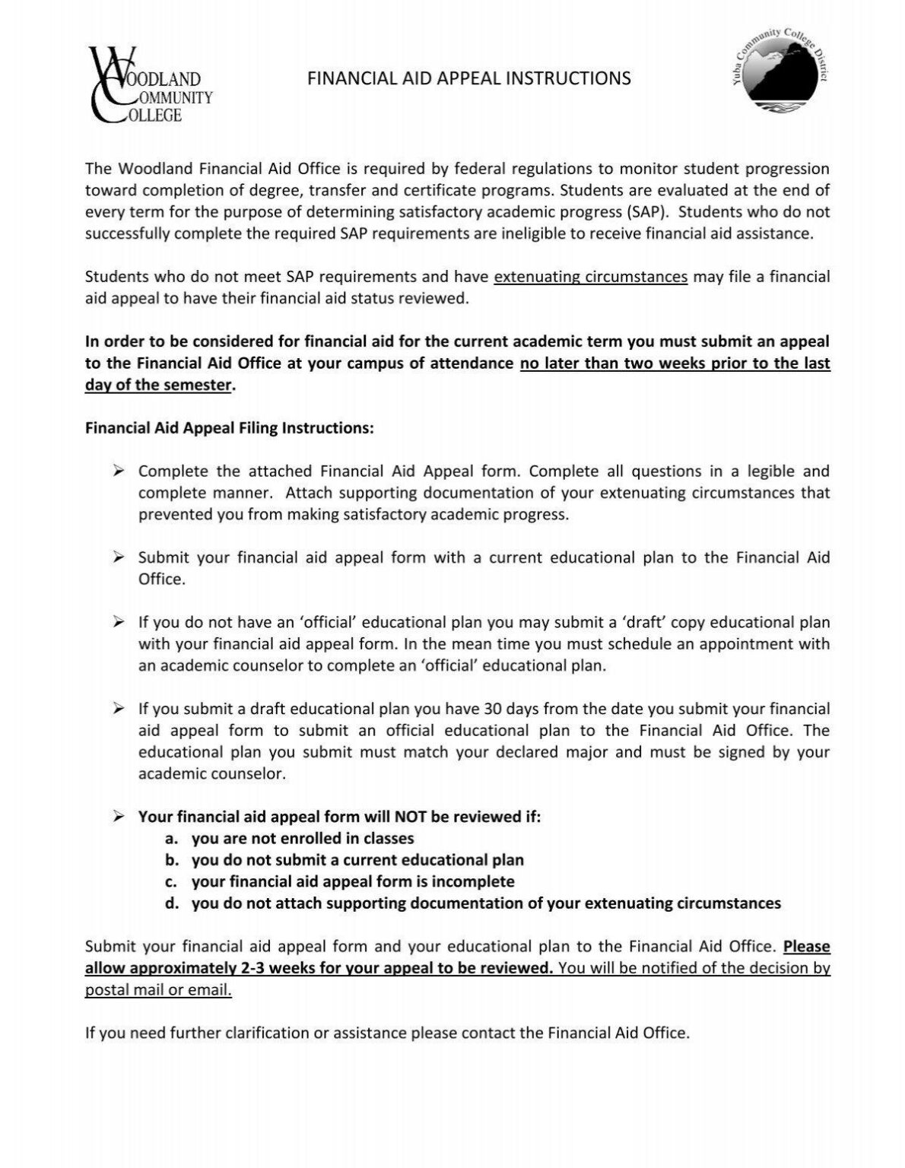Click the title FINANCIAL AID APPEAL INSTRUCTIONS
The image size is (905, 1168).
coord(469,78)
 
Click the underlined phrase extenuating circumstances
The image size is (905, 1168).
coord(591,277)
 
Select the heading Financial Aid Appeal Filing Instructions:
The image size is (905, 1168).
coord(230,428)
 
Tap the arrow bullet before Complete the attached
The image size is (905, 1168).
coord(118,471)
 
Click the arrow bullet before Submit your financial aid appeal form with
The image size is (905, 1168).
coord(118,557)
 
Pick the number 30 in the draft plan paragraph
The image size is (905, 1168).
coord(492,709)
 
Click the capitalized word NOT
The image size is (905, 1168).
coord(410,817)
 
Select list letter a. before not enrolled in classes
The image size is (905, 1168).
coord(172,839)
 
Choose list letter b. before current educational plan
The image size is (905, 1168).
coord(172,860)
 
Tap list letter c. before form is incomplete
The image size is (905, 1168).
coord(172,881)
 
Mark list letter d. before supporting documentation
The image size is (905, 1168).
coord(172,903)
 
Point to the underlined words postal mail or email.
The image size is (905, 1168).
coord(158,990)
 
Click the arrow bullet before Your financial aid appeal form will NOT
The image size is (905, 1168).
coord(118,817)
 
